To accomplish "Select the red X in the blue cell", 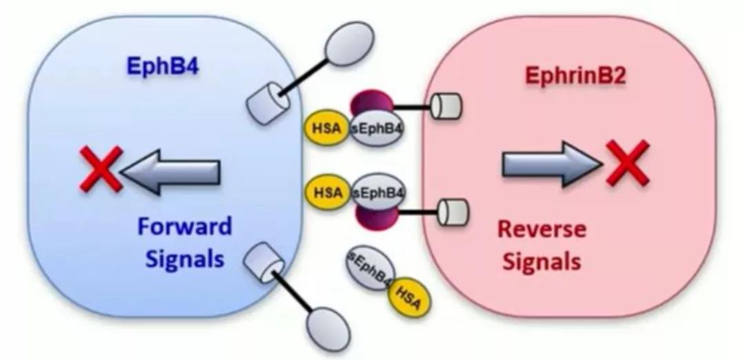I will pos(101,168).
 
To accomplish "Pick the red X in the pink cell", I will pos(627,162).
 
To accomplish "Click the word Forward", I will pos(184,226).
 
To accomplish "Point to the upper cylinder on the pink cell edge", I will pos(445,106).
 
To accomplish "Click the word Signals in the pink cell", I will pos(542,261).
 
